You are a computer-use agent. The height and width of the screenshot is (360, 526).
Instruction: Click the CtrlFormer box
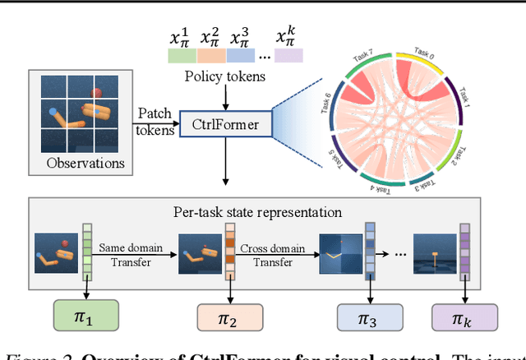click(x=220, y=127)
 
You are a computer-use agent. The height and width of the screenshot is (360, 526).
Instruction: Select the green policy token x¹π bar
click(x=182, y=56)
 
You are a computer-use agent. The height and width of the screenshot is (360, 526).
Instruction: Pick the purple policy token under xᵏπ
click(x=288, y=56)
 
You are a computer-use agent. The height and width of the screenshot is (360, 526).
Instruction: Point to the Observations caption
click(x=86, y=163)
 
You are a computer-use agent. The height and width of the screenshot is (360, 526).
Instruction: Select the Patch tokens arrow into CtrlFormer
click(x=157, y=121)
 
